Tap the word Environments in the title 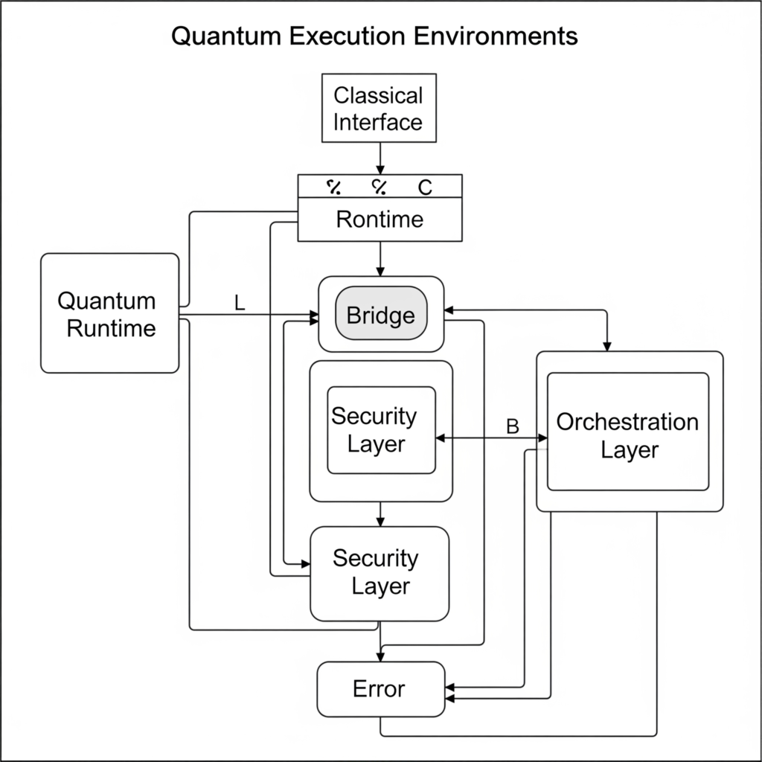494,36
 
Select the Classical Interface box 378,109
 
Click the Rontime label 380,220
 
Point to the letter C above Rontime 425,188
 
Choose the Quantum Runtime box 109,313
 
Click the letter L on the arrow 239,303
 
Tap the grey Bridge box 381,315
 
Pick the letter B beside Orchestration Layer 512,426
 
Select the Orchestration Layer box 628,433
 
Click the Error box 380,688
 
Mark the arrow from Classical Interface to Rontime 380,158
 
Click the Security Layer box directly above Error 380,573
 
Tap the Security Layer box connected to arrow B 381,430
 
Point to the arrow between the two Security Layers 380,513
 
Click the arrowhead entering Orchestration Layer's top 607,345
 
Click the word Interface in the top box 378,122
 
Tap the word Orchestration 627,422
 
